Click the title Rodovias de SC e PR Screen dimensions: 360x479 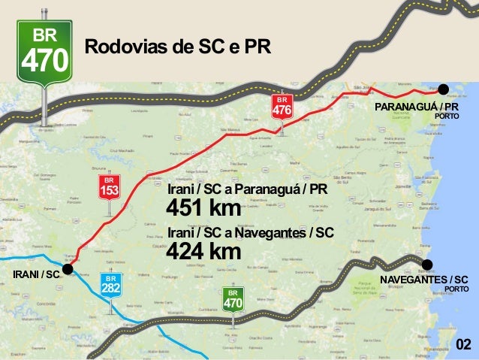[178, 47]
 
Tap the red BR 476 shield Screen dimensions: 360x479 [282, 107]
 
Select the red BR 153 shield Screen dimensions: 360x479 [110, 188]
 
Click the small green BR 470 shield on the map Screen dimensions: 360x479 [233, 299]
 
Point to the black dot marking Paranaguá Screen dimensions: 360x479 [443, 89]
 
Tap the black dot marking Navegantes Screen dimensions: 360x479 [427, 264]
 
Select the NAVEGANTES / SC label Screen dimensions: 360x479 [424, 280]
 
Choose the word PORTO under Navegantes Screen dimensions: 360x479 [456, 289]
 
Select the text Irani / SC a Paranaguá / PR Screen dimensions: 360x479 [247, 188]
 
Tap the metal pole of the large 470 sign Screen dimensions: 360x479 [46, 101]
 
